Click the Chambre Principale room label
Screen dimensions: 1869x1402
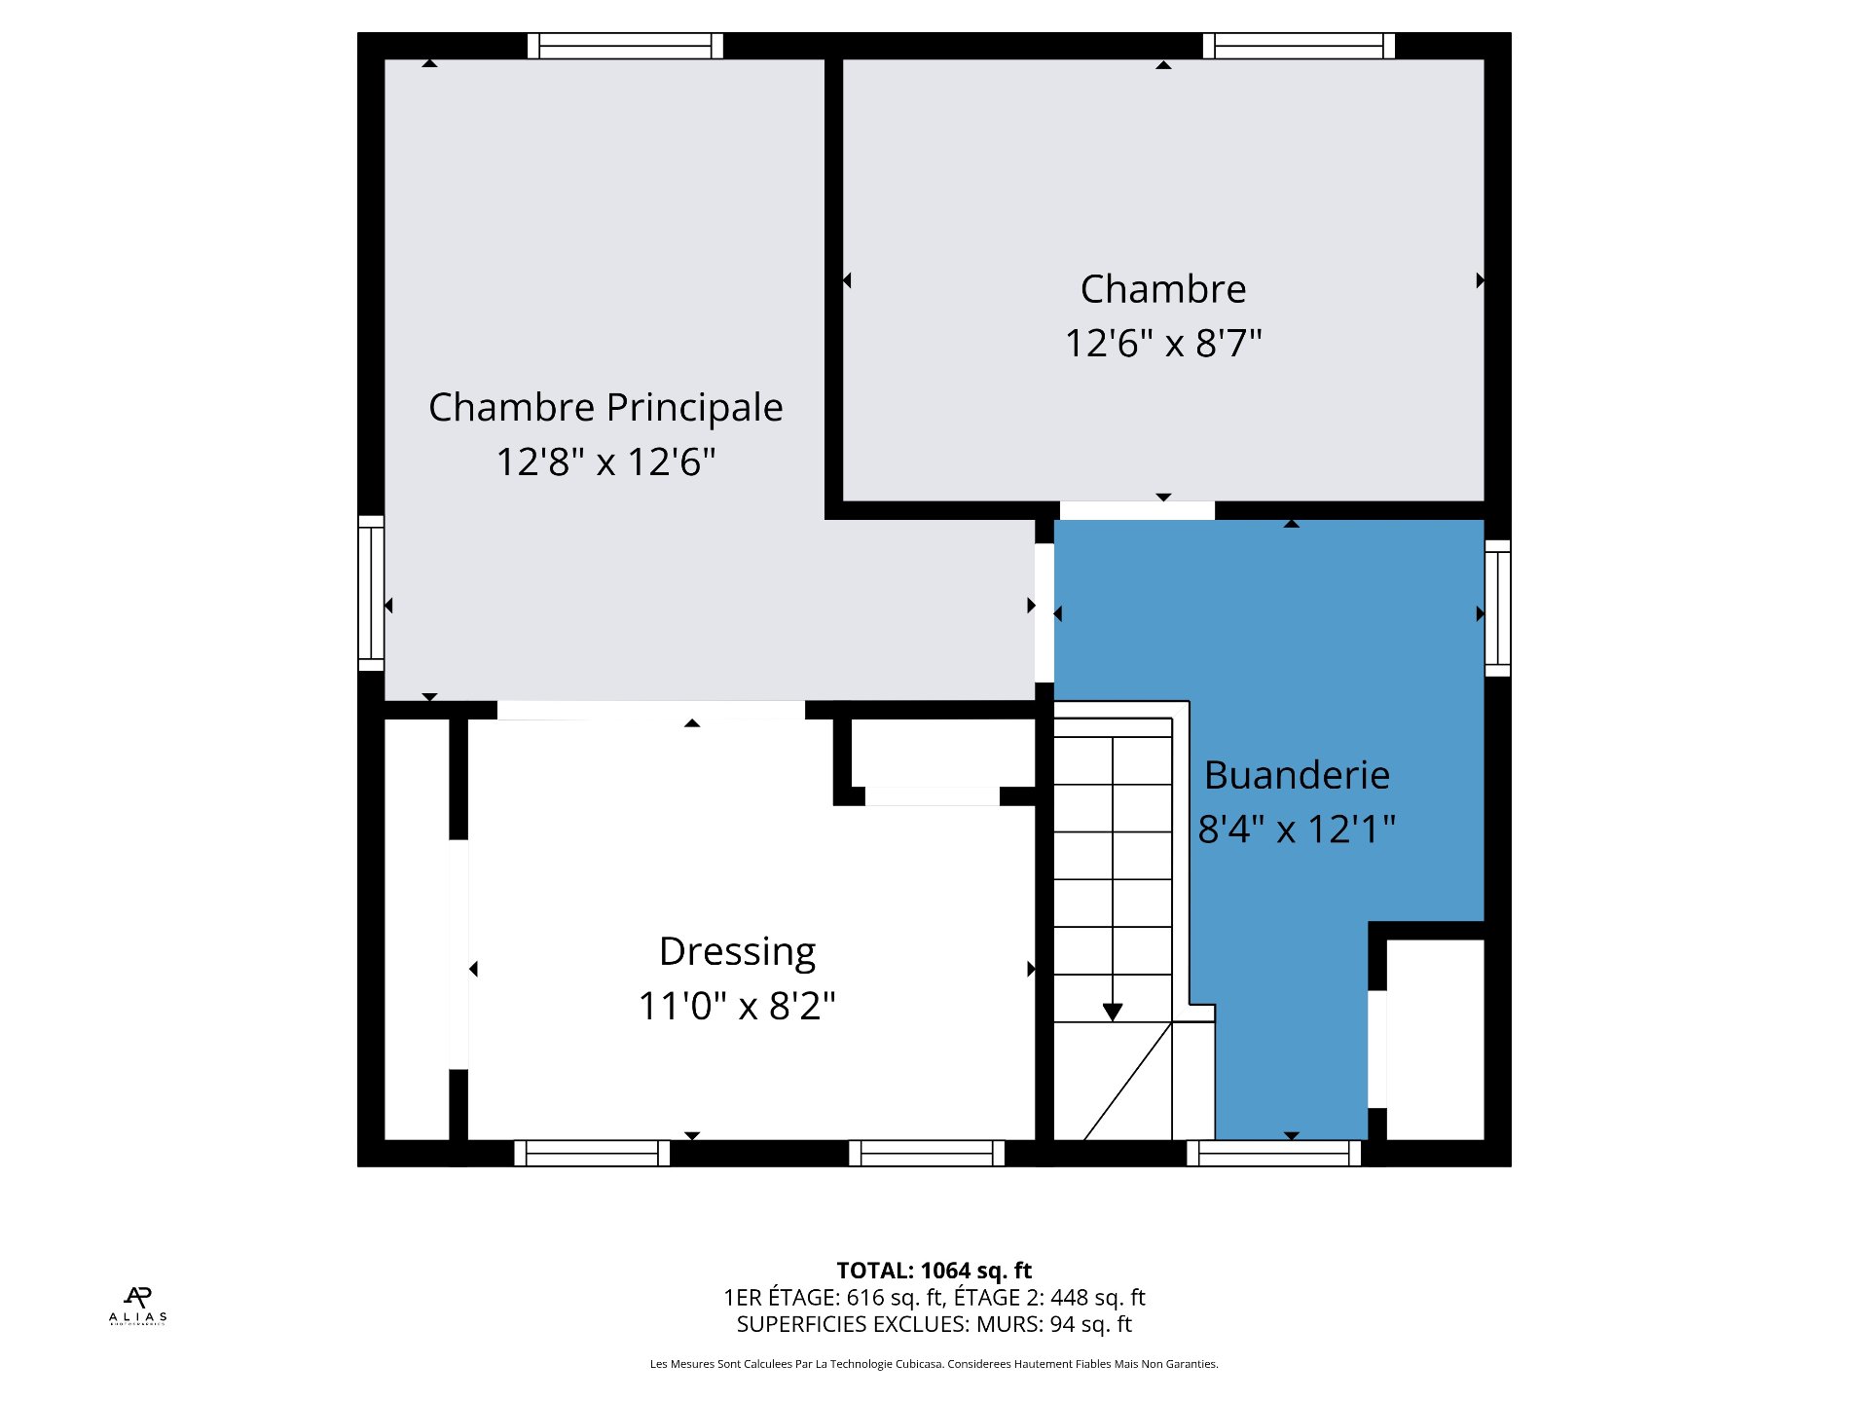click(x=605, y=408)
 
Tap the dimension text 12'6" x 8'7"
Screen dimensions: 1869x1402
click(x=1163, y=343)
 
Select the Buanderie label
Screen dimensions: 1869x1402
click(x=1297, y=775)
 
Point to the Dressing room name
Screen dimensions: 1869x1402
click(x=737, y=952)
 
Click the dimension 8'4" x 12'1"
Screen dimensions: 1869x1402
click(x=1297, y=830)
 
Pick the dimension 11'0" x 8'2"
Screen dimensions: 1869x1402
click(x=737, y=1006)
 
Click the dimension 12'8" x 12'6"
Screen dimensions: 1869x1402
click(x=605, y=461)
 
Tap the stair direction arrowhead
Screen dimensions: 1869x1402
click(x=1113, y=1013)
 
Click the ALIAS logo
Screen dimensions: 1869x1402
click(x=138, y=1306)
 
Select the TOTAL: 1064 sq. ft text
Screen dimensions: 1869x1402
click(x=934, y=1271)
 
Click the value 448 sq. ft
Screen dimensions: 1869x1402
click(x=1097, y=1298)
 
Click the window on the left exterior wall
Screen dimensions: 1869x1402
click(x=371, y=593)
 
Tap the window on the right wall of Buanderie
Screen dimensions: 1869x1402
click(x=1497, y=609)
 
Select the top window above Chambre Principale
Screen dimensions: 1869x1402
click(x=625, y=46)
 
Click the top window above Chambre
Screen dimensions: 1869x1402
click(x=1299, y=46)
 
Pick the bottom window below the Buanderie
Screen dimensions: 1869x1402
click(x=1273, y=1154)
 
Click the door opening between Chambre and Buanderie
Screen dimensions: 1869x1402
click(x=1137, y=510)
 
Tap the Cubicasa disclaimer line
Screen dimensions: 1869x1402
click(x=934, y=1364)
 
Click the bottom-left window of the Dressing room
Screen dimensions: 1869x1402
click(x=592, y=1154)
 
